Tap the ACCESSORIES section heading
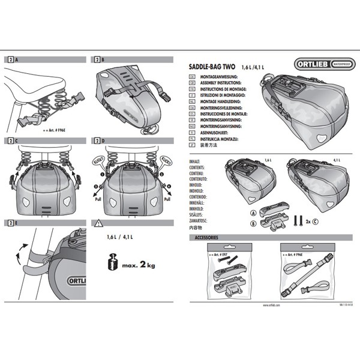[x=203, y=238]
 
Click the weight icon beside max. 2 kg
[x=113, y=264]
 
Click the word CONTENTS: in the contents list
[x=197, y=167]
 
